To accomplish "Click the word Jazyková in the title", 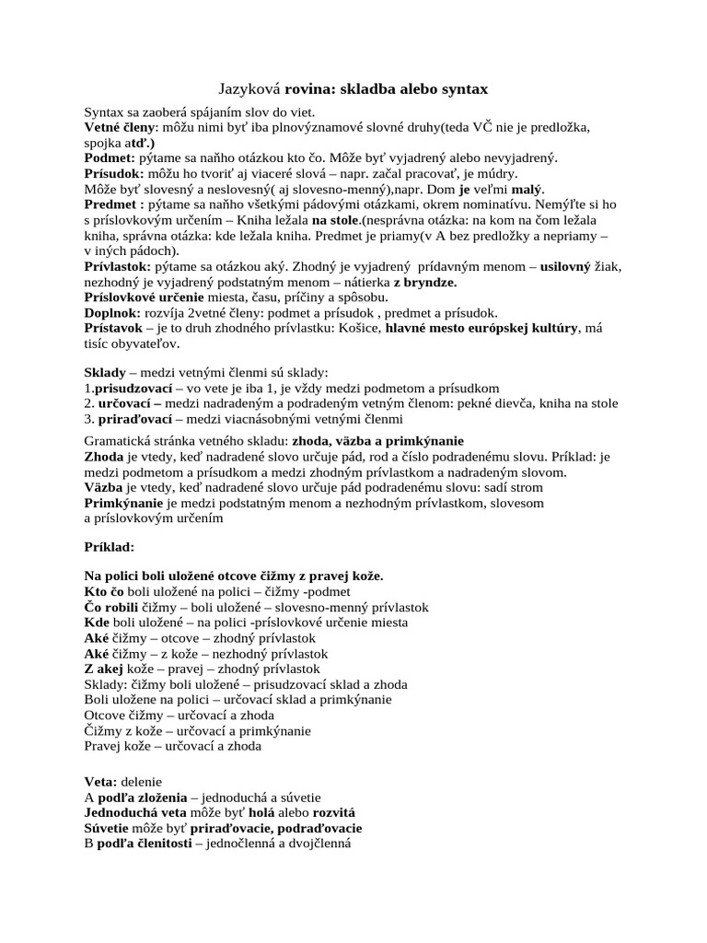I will (249, 89).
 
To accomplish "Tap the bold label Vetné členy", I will (120, 126).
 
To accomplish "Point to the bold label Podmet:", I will (110, 158).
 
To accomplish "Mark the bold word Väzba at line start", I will (104, 487).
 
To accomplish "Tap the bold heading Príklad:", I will (110, 547).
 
